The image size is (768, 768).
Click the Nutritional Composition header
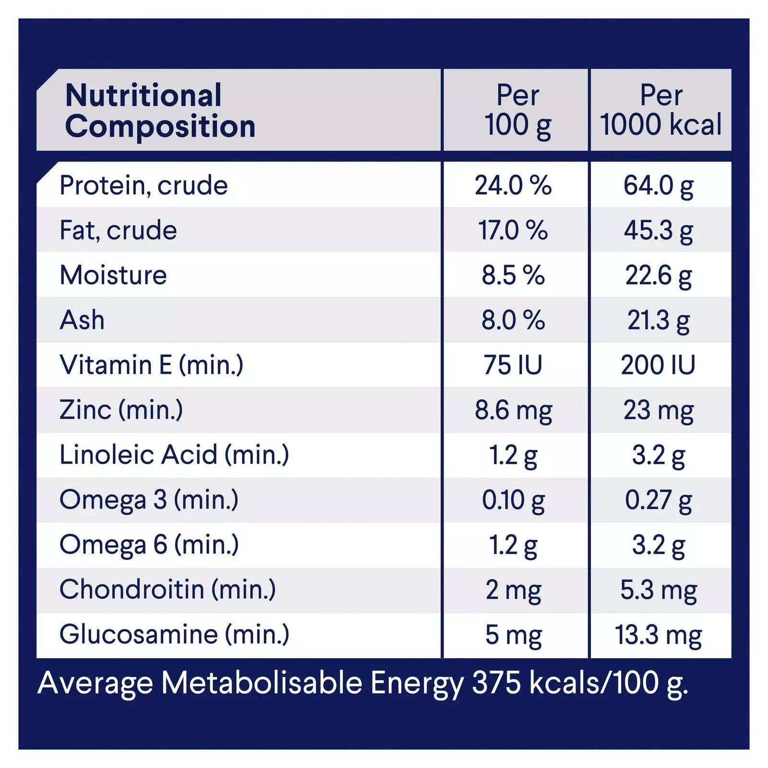pos(160,110)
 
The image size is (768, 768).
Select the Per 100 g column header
pos(517,110)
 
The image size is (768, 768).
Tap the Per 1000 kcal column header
pos(661,110)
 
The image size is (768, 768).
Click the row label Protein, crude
pos(144,185)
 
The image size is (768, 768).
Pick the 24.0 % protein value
pos(513,185)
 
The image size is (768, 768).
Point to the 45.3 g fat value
pos(659,230)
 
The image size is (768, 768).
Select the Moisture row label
pos(113,275)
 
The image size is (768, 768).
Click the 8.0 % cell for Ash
pos(513,320)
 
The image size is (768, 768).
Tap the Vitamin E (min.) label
pos(151,365)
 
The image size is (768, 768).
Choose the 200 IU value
pos(658,365)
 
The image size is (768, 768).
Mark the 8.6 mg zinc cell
pos(513,410)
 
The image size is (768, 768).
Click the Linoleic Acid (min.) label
pos(174,455)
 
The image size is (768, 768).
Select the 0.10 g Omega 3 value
pos(513,500)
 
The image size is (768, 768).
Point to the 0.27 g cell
pos(659,500)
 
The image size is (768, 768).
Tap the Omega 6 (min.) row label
pos(149,545)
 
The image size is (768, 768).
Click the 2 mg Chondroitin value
pos(513,590)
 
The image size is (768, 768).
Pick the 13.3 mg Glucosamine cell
pos(659,635)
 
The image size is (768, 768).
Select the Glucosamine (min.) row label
pos(174,635)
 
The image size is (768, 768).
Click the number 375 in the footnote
pos(496,683)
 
